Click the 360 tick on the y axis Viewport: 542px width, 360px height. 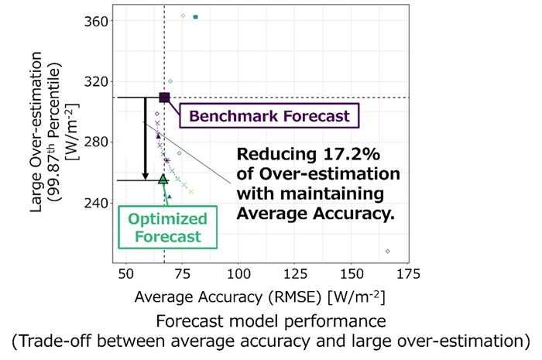click(98, 20)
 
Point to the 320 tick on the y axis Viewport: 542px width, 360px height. click(98, 81)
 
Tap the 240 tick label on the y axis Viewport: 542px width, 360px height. click(98, 203)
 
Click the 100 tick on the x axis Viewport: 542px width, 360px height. click(238, 274)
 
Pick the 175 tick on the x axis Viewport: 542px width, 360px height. click(408, 274)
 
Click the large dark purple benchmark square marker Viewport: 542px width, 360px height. click(164, 98)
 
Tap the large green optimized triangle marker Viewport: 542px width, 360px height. click(163, 179)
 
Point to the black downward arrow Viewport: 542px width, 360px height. click(145, 139)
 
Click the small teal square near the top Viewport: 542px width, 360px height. click(196, 16)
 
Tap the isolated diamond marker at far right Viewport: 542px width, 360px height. click(387, 251)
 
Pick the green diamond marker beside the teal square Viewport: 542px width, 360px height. click(183, 15)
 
